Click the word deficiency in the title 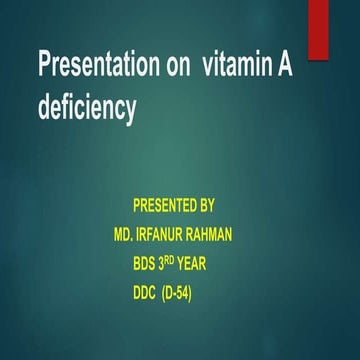point(87,107)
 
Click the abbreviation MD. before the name point(127,236)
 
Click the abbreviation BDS point(147,265)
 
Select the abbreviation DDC point(147,294)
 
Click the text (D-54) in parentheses point(192,294)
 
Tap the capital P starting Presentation point(44,66)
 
